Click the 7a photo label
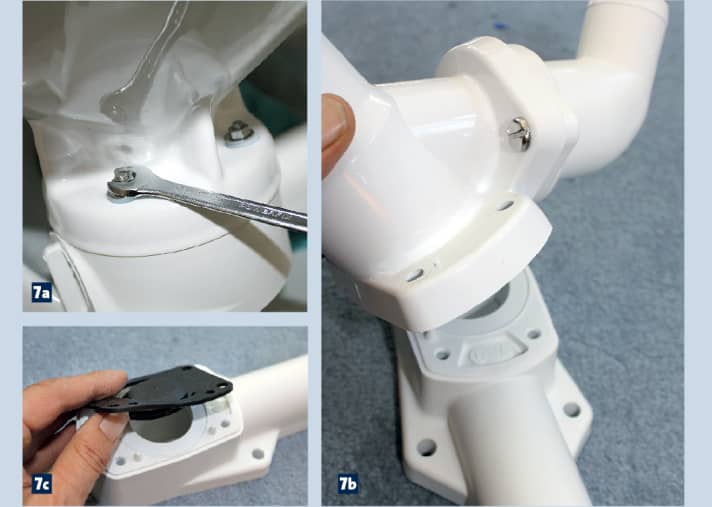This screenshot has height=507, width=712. [41, 293]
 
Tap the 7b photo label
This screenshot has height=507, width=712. [348, 484]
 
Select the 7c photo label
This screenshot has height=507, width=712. [41, 484]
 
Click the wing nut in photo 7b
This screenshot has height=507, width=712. [520, 133]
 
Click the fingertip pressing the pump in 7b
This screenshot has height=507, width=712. [337, 133]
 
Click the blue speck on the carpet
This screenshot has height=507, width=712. [501, 25]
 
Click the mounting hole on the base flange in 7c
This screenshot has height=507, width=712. [257, 453]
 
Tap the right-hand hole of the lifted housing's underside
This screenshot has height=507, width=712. [504, 206]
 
